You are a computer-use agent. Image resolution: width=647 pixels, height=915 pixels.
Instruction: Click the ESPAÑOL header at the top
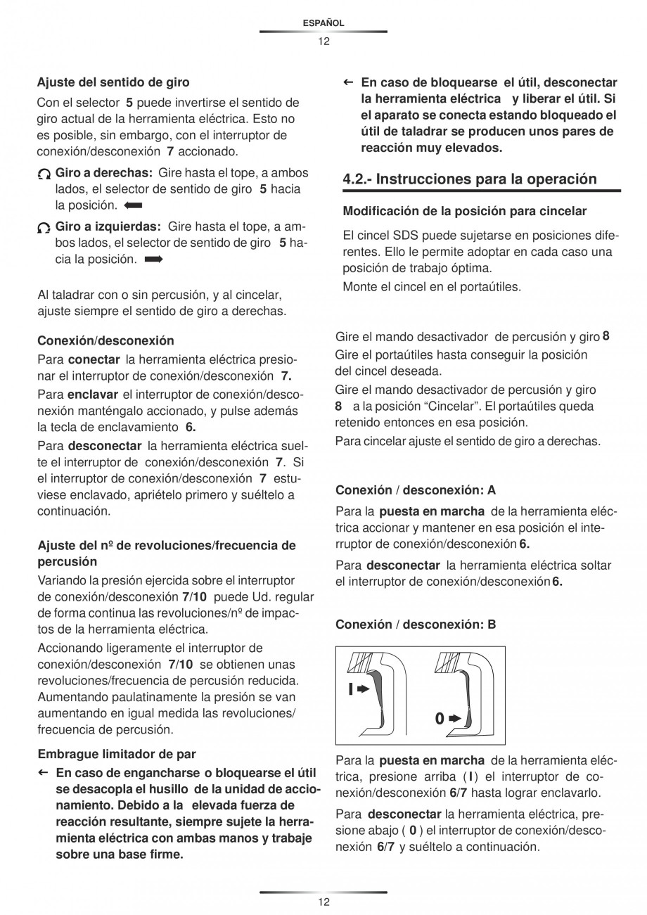[x=323, y=23]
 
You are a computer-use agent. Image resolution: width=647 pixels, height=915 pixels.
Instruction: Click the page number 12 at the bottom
[x=323, y=902]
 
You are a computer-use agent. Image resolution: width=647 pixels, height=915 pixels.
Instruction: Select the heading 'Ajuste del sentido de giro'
[x=113, y=83]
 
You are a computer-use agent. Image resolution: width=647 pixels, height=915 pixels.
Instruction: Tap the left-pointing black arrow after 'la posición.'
[x=132, y=206]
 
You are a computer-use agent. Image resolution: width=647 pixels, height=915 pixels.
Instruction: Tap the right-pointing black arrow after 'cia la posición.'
[x=153, y=260]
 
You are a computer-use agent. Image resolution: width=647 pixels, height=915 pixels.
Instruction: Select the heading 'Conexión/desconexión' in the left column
[x=105, y=341]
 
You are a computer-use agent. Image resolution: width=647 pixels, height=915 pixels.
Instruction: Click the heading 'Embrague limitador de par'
[x=117, y=755]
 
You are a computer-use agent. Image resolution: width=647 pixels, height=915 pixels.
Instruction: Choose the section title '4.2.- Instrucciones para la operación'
[x=470, y=179]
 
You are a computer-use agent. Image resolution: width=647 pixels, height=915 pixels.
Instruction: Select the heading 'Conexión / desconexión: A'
[x=416, y=490]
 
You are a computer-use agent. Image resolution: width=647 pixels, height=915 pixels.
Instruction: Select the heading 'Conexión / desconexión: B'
[x=416, y=624]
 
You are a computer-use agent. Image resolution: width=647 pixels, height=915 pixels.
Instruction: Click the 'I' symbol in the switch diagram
[x=350, y=689]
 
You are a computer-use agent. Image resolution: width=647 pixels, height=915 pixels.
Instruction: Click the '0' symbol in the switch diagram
[x=439, y=719]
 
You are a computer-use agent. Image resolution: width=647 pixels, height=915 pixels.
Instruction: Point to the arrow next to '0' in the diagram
[x=455, y=719]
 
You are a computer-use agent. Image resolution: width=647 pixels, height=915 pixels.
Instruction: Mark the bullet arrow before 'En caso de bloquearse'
[x=347, y=82]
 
